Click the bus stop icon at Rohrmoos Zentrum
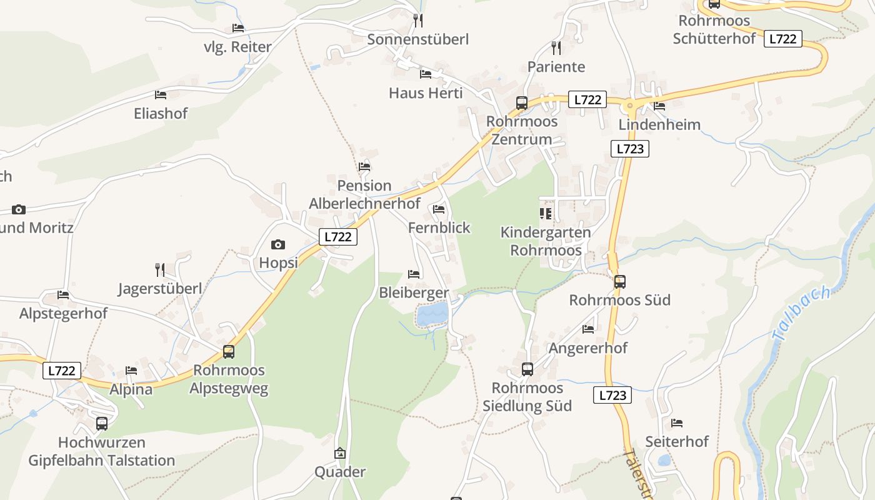coord(521,103)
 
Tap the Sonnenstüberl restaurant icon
coord(418,21)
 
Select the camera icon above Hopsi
coord(278,244)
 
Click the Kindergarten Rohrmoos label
coord(546,241)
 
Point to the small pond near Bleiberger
coord(432,314)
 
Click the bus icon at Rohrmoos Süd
coord(619,282)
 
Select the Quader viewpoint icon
coord(340,453)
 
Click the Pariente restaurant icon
coord(556,48)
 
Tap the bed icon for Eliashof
coord(161,95)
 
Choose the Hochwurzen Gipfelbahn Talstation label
coord(102,452)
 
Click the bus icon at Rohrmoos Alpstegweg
coord(229,352)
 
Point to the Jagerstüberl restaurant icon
coord(160,270)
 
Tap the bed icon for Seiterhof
coord(677,423)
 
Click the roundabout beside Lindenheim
coord(629,106)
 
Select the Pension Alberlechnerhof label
coord(364,194)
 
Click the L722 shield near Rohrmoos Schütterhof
coord(782,39)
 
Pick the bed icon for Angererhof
coord(588,329)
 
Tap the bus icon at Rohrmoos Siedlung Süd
coord(527,369)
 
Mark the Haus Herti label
coord(426,93)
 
